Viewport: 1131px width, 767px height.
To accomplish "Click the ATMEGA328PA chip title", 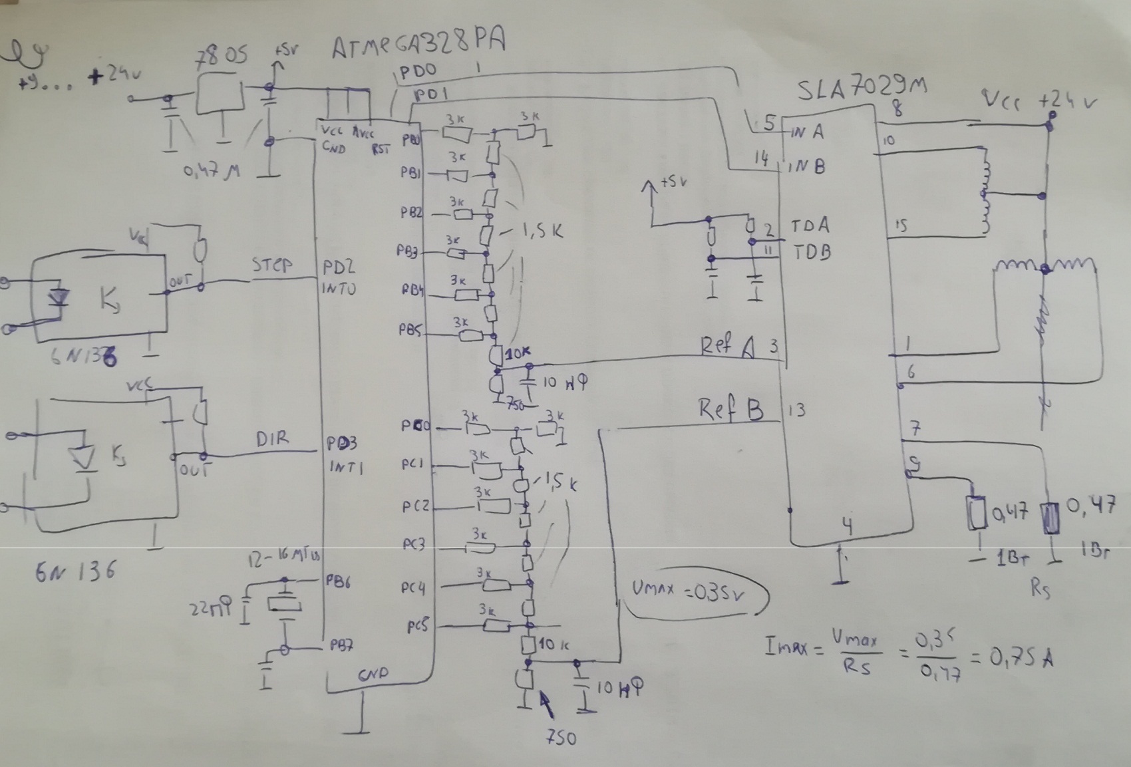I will pyautogui.click(x=419, y=45).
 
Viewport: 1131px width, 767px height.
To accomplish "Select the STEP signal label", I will pyautogui.click(x=272, y=265).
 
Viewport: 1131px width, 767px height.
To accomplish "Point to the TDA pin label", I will pyautogui.click(x=810, y=226).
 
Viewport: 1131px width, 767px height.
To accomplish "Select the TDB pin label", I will pyautogui.click(x=810, y=252).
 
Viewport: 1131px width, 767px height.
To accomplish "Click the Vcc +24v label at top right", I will pyautogui.click(x=1041, y=101).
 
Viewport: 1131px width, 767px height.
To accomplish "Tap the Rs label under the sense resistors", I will pyautogui.click(x=1039, y=588).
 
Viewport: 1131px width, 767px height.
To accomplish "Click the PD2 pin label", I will pyautogui.click(x=339, y=267).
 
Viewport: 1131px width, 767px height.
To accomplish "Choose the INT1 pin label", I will pyautogui.click(x=346, y=467).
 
